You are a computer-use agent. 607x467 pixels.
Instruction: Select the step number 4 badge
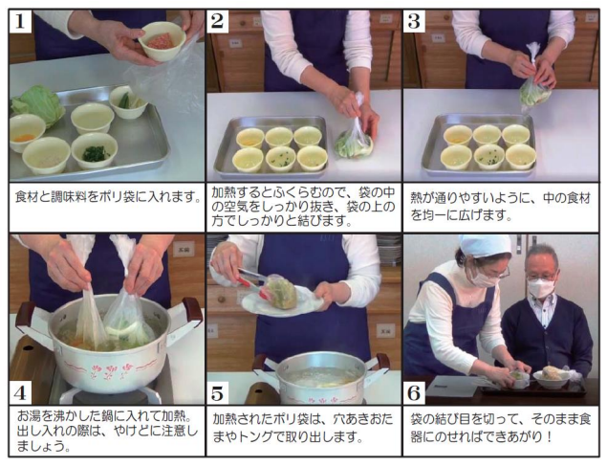tap(21, 392)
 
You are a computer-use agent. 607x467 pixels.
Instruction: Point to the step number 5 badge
tap(219, 392)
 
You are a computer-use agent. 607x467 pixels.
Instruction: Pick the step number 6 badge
tap(414, 392)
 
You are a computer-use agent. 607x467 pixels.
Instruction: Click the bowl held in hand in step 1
tap(162, 40)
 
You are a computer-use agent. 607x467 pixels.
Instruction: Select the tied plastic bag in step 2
tap(354, 139)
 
